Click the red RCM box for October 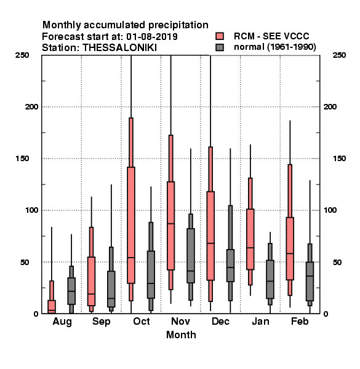(x=131, y=225)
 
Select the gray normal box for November (x=191, y=256)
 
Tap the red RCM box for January (x=250, y=239)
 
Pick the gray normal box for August (x=71, y=291)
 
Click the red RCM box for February (x=290, y=248)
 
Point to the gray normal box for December (x=230, y=266)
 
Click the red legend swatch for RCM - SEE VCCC (x=220, y=36)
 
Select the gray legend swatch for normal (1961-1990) (x=220, y=47)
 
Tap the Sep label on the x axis (x=102, y=322)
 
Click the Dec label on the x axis (x=220, y=321)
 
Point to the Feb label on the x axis (x=300, y=321)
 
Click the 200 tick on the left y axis (x=31, y=107)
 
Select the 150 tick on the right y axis (x=339, y=159)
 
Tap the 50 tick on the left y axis (x=25, y=262)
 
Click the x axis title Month (x=181, y=335)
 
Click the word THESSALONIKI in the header (x=119, y=48)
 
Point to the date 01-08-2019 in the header (x=152, y=37)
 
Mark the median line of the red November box (x=170, y=223)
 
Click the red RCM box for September (x=91, y=281)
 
